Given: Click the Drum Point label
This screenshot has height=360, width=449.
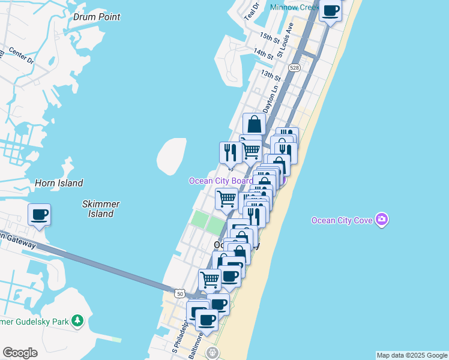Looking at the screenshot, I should tap(97, 17).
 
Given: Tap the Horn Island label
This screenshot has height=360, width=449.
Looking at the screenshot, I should tap(59, 183).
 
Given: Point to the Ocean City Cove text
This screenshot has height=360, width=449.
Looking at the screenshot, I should tap(343, 220).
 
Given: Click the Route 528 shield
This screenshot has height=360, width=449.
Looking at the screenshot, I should tap(294, 68).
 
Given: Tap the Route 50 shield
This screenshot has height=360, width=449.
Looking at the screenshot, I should tap(179, 293).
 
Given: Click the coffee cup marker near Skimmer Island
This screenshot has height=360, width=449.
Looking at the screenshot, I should tap(40, 214).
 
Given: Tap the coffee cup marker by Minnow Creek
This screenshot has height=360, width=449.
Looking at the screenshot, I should tap(331, 11).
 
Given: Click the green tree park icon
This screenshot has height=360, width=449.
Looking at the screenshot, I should tap(77, 322).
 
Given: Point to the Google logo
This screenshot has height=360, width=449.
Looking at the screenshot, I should tap(20, 353).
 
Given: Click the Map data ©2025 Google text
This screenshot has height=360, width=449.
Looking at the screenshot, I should tap(412, 355).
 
